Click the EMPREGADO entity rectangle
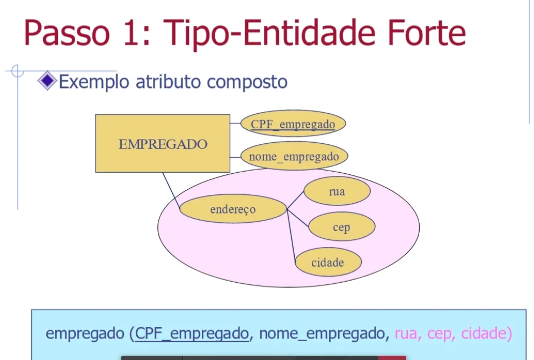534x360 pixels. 163,143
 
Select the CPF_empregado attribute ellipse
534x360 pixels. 293,123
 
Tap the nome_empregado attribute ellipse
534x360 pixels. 294,156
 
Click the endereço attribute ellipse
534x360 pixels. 233,209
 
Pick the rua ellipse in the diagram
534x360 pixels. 337,191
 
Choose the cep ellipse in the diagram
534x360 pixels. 341,226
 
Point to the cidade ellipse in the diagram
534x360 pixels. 328,262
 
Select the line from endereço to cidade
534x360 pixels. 291,236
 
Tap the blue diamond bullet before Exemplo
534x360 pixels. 47,80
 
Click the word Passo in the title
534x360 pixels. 67,33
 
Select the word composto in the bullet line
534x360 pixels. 247,82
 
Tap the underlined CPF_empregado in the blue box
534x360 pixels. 192,333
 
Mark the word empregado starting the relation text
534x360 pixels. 85,333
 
